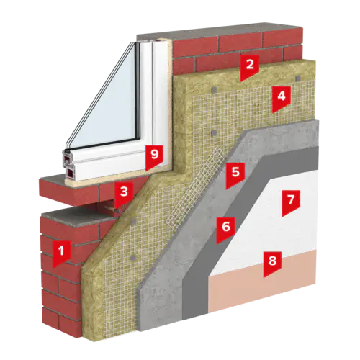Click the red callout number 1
[x=62, y=254]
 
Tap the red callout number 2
[x=250, y=67]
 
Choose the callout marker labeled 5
[x=235, y=175]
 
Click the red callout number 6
[x=226, y=230]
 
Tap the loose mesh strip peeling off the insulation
[x=197, y=189]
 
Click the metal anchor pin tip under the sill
[x=117, y=210]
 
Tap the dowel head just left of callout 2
[x=215, y=89]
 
